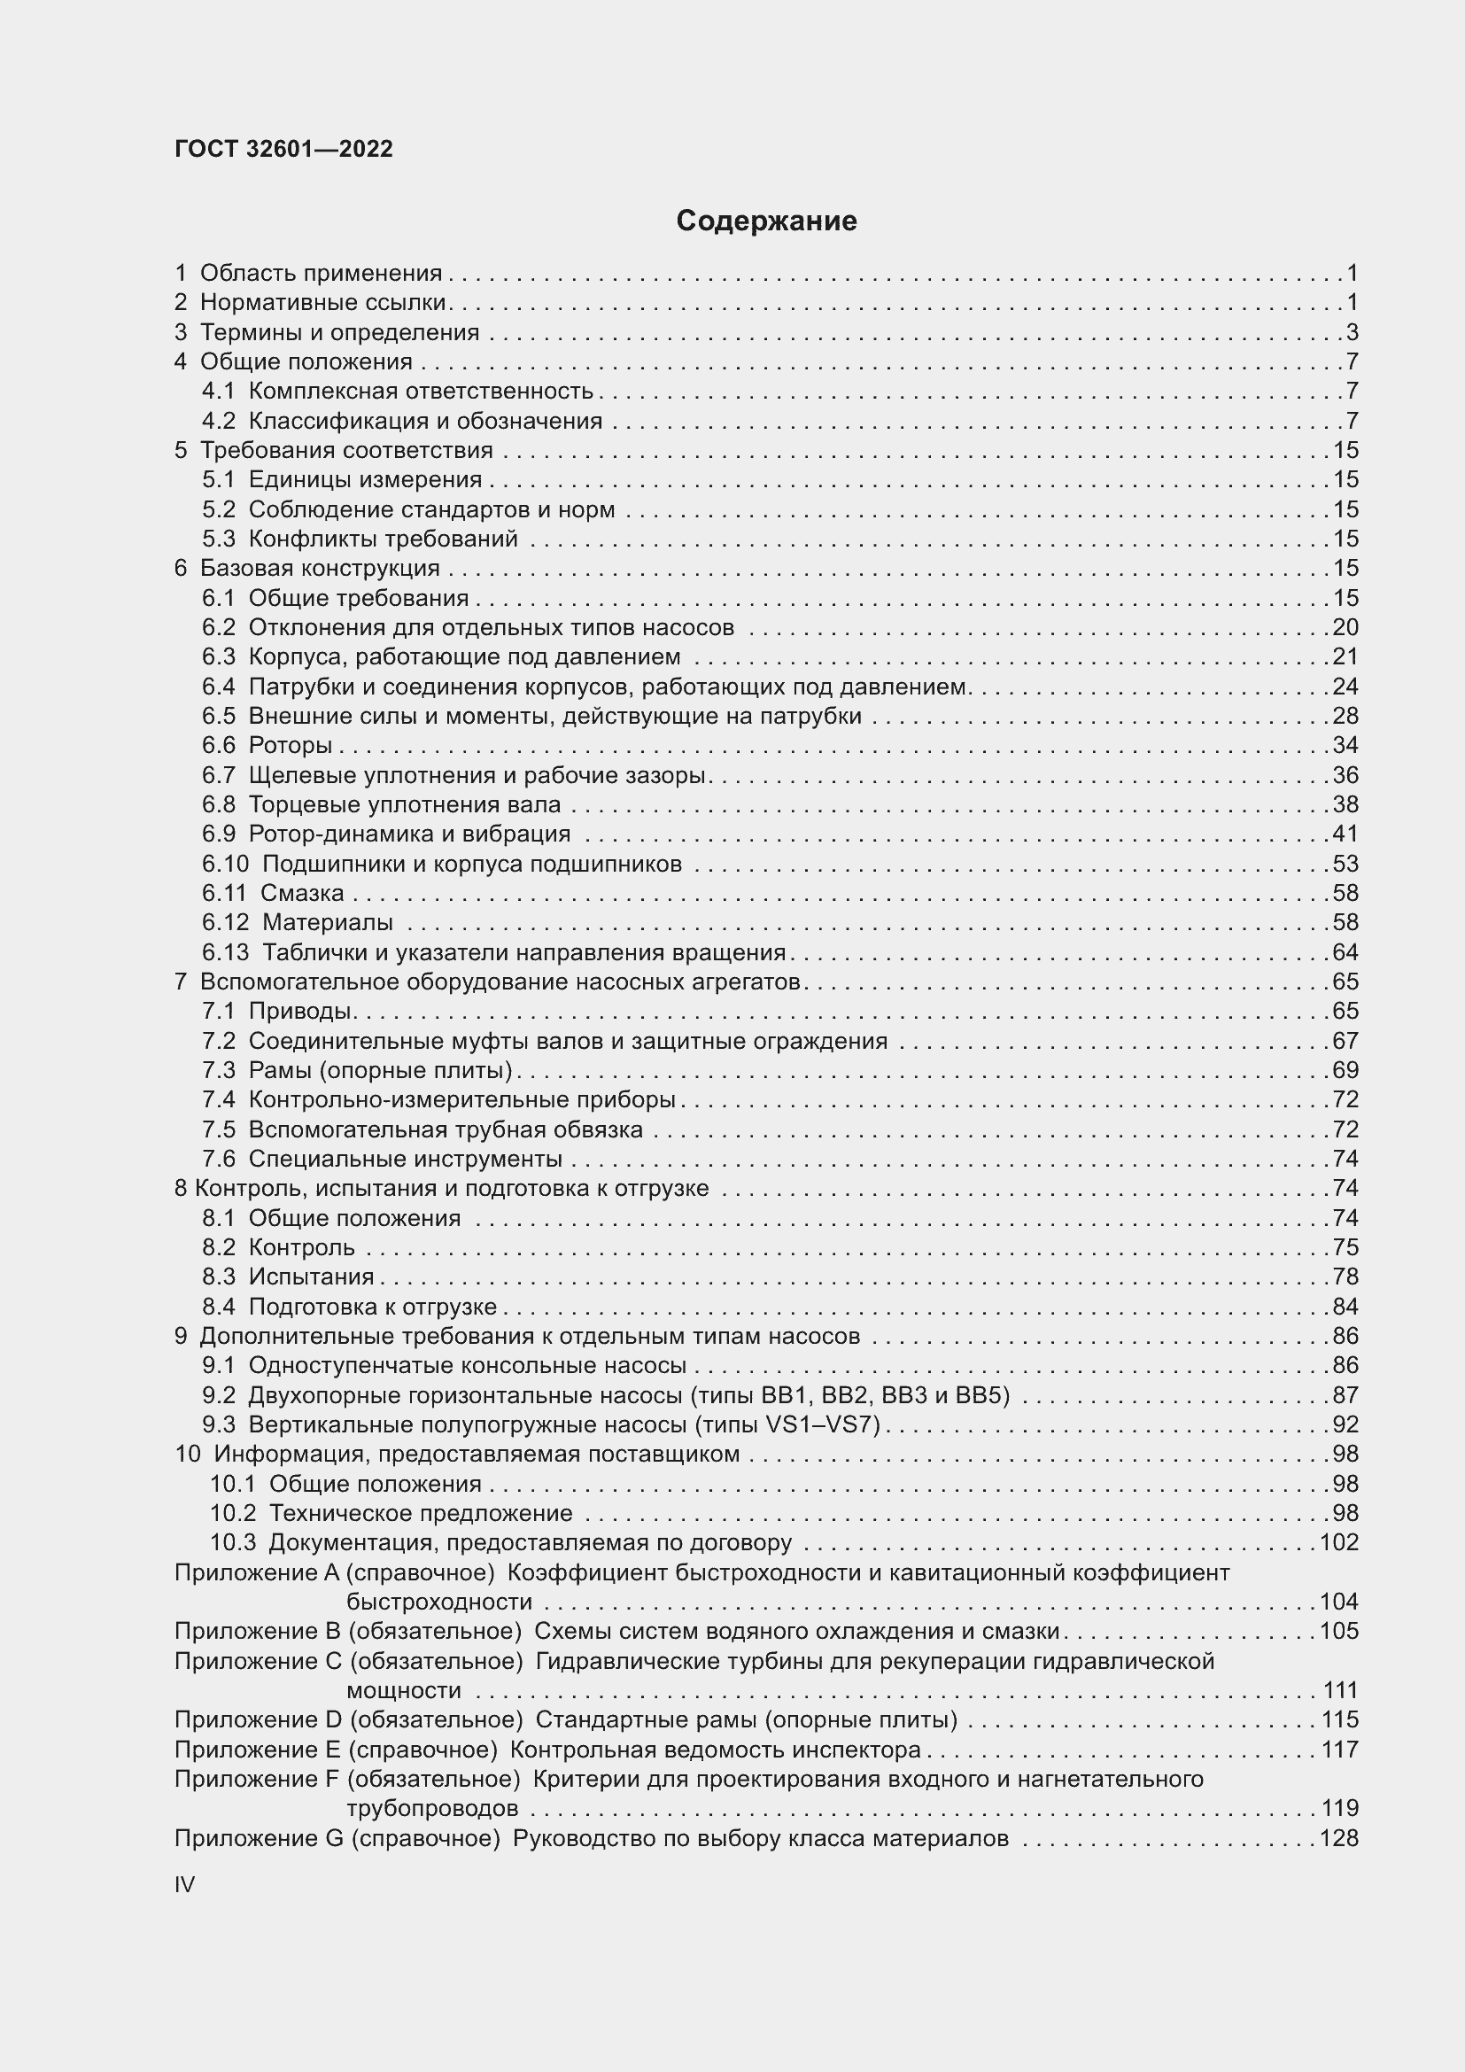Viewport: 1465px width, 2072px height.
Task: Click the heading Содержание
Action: coord(766,221)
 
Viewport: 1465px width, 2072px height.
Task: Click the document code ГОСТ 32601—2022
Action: coord(283,149)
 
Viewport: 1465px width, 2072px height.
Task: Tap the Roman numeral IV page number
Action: coord(185,1885)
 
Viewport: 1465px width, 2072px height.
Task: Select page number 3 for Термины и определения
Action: coord(1352,332)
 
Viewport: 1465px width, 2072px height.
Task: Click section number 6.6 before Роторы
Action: coord(218,745)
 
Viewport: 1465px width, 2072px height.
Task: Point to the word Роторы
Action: coord(291,745)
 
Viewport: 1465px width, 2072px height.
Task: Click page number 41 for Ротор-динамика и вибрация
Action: coord(1345,834)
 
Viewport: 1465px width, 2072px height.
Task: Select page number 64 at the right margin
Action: coord(1345,952)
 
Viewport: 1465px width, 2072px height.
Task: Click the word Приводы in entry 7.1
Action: coord(299,1011)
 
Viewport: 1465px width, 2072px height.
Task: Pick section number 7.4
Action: coord(218,1099)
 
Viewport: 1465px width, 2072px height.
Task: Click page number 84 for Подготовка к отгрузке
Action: coord(1345,1307)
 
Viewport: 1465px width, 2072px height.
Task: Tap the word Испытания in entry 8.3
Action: coord(311,1277)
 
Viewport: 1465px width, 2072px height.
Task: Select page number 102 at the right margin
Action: coord(1338,1542)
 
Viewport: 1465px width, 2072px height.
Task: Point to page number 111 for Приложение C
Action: coord(1340,1690)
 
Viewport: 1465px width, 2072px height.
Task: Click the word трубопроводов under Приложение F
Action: coord(432,1809)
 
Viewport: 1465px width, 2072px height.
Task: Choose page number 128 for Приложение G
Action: coord(1338,1838)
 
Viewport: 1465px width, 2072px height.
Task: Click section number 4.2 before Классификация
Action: coord(218,421)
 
